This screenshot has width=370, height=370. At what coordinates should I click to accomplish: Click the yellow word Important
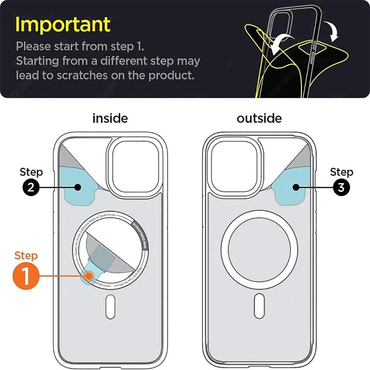63,24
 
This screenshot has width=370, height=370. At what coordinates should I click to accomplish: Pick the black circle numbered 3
341,187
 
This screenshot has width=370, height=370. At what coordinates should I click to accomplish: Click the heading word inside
110,118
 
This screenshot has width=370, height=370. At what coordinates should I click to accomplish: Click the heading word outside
259,118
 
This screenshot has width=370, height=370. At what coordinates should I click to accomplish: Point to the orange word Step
26,256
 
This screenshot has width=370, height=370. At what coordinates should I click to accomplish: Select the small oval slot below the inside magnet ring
110,306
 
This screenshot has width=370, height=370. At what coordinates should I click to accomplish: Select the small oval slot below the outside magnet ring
259,305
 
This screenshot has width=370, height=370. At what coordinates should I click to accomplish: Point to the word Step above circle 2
31,172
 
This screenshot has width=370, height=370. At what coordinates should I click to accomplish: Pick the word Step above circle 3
341,172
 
